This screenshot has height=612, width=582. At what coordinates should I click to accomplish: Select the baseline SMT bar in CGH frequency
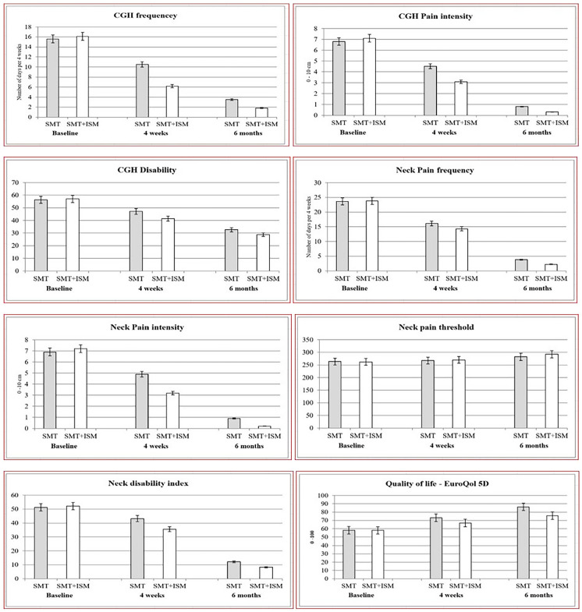53,78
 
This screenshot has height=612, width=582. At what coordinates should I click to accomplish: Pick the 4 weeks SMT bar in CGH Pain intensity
430,90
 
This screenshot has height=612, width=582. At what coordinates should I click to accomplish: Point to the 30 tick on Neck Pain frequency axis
318,183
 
